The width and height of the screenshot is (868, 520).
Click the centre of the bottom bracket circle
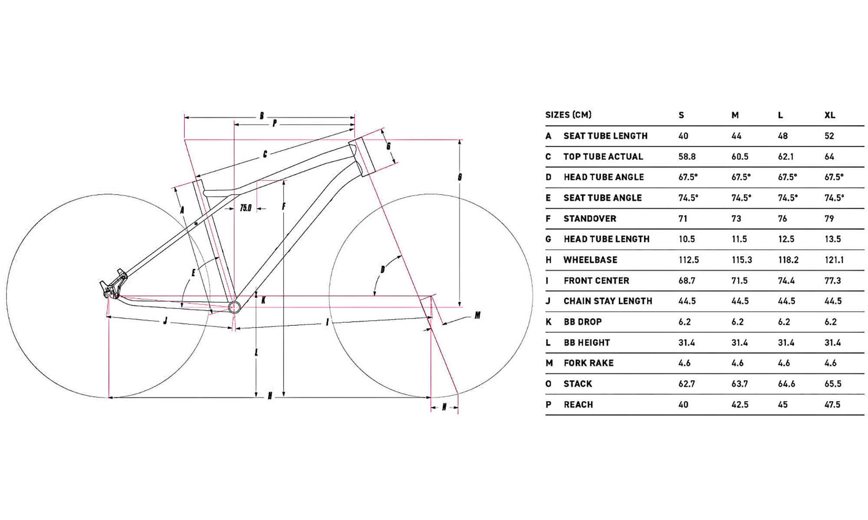click(x=234, y=307)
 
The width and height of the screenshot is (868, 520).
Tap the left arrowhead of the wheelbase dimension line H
click(x=110, y=397)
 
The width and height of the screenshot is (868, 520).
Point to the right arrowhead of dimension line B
click(x=352, y=117)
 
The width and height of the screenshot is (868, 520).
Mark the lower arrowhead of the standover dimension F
click(x=283, y=394)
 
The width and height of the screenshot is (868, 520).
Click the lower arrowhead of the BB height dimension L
click(x=256, y=394)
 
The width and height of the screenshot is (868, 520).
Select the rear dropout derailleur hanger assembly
click(x=113, y=284)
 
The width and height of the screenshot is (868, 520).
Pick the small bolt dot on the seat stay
click(x=196, y=224)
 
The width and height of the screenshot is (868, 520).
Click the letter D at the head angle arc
click(x=382, y=270)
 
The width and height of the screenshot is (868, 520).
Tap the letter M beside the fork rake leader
click(x=477, y=315)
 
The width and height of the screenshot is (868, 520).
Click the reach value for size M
click(x=740, y=405)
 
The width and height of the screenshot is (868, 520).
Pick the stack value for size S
click(x=687, y=384)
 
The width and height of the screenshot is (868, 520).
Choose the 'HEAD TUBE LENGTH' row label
click(x=606, y=239)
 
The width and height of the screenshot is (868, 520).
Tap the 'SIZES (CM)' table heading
click(x=568, y=115)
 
